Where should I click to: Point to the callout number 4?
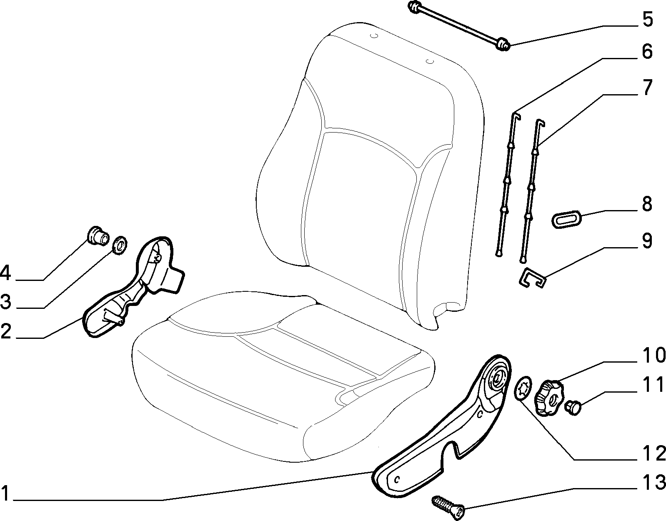[5, 273]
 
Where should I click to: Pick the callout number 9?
[647, 241]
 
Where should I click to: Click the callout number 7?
[647, 88]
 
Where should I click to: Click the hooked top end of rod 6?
[516, 116]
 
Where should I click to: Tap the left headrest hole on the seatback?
[373, 37]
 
